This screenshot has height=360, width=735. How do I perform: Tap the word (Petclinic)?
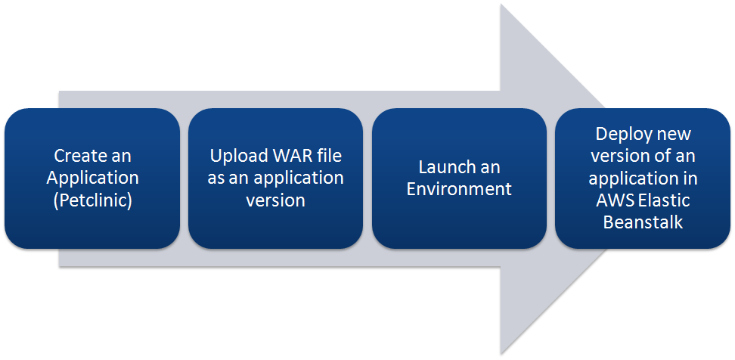(x=92, y=200)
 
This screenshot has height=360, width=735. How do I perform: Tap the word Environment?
(x=459, y=189)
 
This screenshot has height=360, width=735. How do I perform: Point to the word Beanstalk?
(x=643, y=222)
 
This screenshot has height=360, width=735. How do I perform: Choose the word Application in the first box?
(x=92, y=178)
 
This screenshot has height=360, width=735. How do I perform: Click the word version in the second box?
(x=275, y=200)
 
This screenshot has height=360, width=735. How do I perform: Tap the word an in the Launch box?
(x=489, y=168)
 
